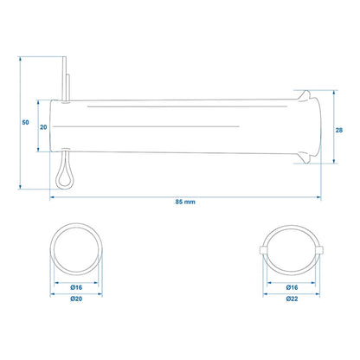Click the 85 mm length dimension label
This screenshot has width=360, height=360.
tap(185, 202)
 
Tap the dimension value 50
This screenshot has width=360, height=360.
tap(25, 122)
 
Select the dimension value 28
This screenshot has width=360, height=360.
tap(339, 130)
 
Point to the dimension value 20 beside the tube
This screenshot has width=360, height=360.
tap(43, 127)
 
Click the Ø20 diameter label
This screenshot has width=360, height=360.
tap(76, 299)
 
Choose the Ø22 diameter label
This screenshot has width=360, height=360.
tap(292, 299)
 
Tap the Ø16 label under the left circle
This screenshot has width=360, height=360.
tap(76, 287)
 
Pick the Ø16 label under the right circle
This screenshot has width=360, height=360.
tap(292, 287)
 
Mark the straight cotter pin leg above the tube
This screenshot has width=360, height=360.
tap(64, 78)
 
